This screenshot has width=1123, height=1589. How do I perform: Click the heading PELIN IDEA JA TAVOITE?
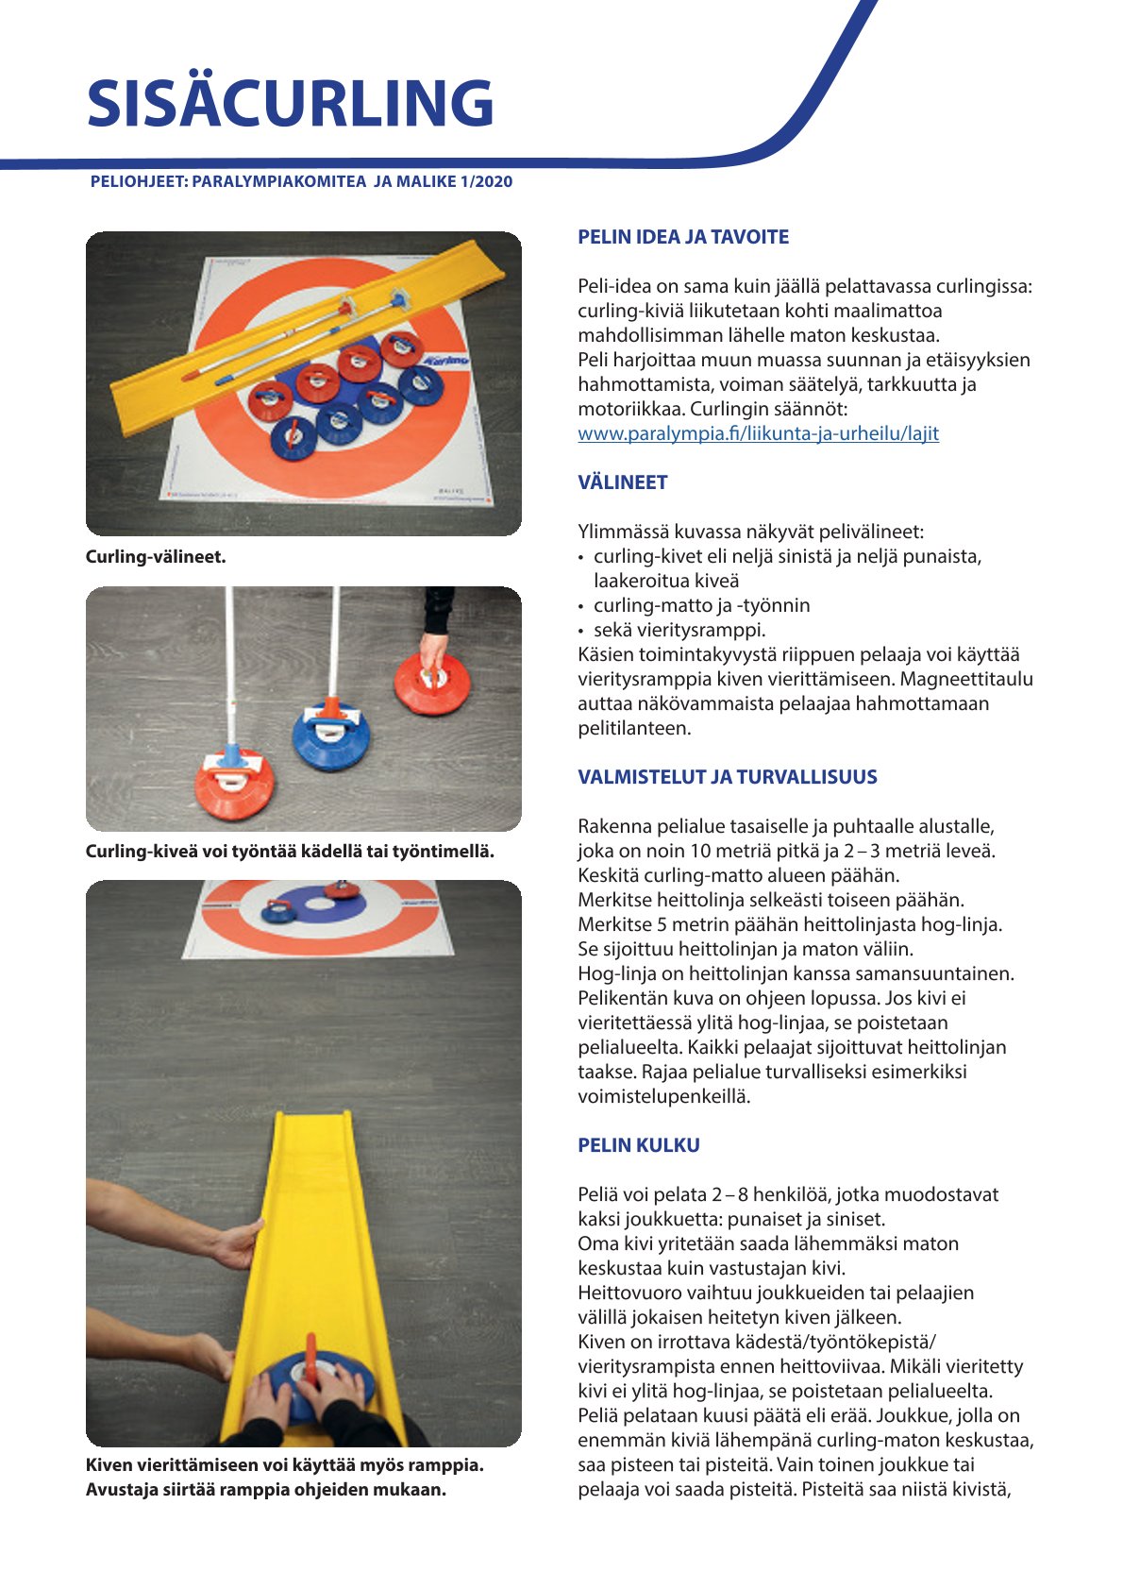pos(682,237)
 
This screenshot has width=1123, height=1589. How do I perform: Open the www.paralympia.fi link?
pos(758,433)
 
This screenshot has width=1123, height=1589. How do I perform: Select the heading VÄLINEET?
pos(622,482)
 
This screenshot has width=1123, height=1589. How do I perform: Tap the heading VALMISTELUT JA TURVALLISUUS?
pos(727,777)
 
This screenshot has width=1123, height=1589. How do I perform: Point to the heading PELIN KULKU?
pos(638,1145)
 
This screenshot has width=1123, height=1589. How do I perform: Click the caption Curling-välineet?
pos(156,556)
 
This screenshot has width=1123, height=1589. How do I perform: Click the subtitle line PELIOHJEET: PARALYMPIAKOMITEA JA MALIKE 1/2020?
pos(301,181)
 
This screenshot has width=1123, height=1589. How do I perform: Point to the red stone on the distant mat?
pos(340,889)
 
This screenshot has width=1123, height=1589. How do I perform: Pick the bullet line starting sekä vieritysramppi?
pos(679,630)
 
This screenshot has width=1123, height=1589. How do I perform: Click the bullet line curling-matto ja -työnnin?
pos(701,605)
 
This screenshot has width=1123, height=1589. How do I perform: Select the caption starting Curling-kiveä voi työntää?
pos(290,851)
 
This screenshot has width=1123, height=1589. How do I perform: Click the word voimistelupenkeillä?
pos(663,1096)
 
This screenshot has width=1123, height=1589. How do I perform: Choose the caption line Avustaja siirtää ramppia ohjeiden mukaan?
pos(265,1489)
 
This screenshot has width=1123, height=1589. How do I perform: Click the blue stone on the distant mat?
pos(277,911)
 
